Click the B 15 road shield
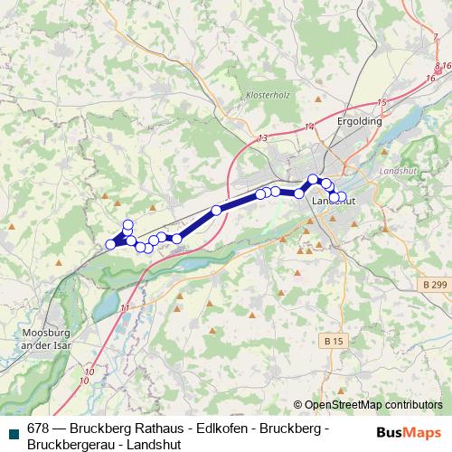click(334, 341)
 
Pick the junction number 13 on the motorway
click(262, 137)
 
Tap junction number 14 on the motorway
click(310, 127)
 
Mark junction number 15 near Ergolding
click(381, 102)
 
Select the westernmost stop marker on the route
click(111, 244)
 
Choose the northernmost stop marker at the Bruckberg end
click(128, 224)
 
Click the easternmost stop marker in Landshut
click(341, 196)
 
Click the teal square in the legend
click(13, 435)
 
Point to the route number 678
click(38, 428)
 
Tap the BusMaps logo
click(410, 434)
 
